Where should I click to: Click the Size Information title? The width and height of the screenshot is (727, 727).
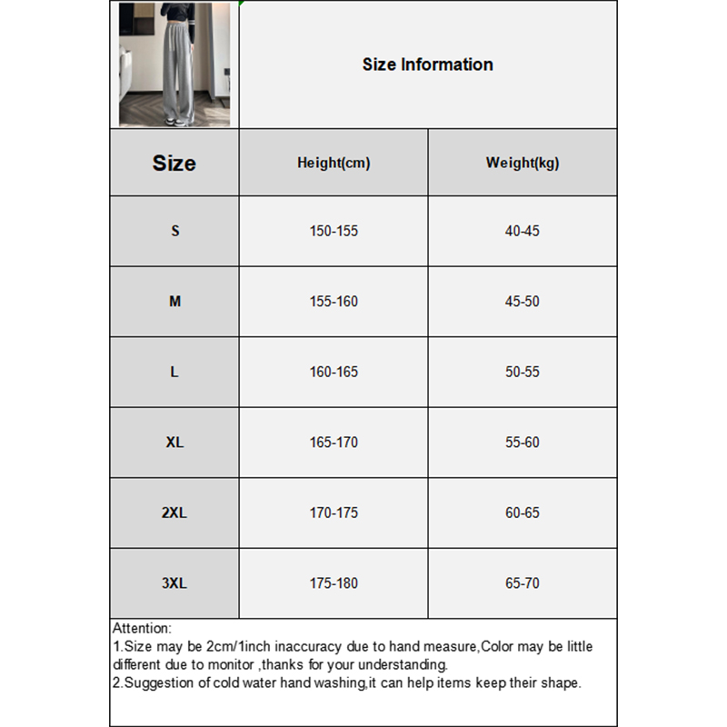[x=427, y=65]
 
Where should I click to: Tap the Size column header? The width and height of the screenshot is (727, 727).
[x=174, y=164]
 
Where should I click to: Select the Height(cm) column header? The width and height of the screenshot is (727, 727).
[x=334, y=164]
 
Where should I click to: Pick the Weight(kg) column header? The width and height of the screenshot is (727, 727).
[x=523, y=164]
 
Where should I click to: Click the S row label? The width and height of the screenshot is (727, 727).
[x=174, y=231]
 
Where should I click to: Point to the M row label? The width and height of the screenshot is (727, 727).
[x=174, y=302]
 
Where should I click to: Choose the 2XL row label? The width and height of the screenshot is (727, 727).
[x=174, y=513]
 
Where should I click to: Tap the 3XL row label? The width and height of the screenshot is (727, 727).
[x=174, y=583]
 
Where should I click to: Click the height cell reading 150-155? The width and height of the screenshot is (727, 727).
[x=334, y=231]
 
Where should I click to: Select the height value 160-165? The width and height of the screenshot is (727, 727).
[x=334, y=372]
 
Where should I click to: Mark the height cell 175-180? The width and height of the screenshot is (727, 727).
[x=334, y=583]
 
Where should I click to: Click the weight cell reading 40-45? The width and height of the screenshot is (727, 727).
[x=523, y=231]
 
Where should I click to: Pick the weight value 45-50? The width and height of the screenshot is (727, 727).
[x=523, y=302]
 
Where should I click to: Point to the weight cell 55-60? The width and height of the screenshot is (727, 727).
[x=523, y=443]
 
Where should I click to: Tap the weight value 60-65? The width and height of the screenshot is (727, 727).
[x=523, y=513]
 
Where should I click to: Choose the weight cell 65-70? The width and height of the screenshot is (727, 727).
[x=523, y=583]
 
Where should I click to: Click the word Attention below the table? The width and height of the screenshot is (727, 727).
[x=141, y=628]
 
